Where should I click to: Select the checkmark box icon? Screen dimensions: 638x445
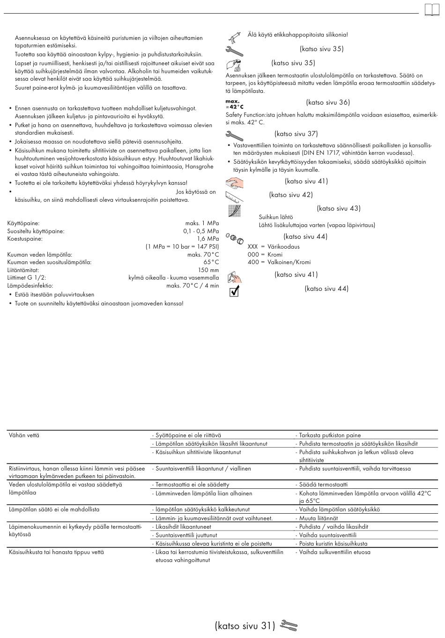pyautogui.click(x=234, y=292)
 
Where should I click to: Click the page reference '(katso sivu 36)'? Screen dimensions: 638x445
pyautogui.click(x=328, y=102)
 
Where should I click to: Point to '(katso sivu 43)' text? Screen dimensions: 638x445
pyautogui.click(x=338, y=208)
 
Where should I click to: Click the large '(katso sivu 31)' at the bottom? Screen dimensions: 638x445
pyautogui.click(x=245, y=626)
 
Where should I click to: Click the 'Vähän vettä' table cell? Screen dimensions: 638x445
pyautogui.click(x=24, y=435)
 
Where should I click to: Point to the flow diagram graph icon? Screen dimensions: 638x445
pyautogui.click(x=234, y=211)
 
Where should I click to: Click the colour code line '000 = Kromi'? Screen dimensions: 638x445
pyautogui.click(x=265, y=254)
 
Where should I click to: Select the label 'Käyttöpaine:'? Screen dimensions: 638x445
pyautogui.click(x=23, y=224)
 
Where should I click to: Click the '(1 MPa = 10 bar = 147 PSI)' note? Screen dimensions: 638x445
pyautogui.click(x=182, y=246)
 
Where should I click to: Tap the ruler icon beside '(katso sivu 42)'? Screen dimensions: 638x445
pyautogui.click(x=234, y=196)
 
